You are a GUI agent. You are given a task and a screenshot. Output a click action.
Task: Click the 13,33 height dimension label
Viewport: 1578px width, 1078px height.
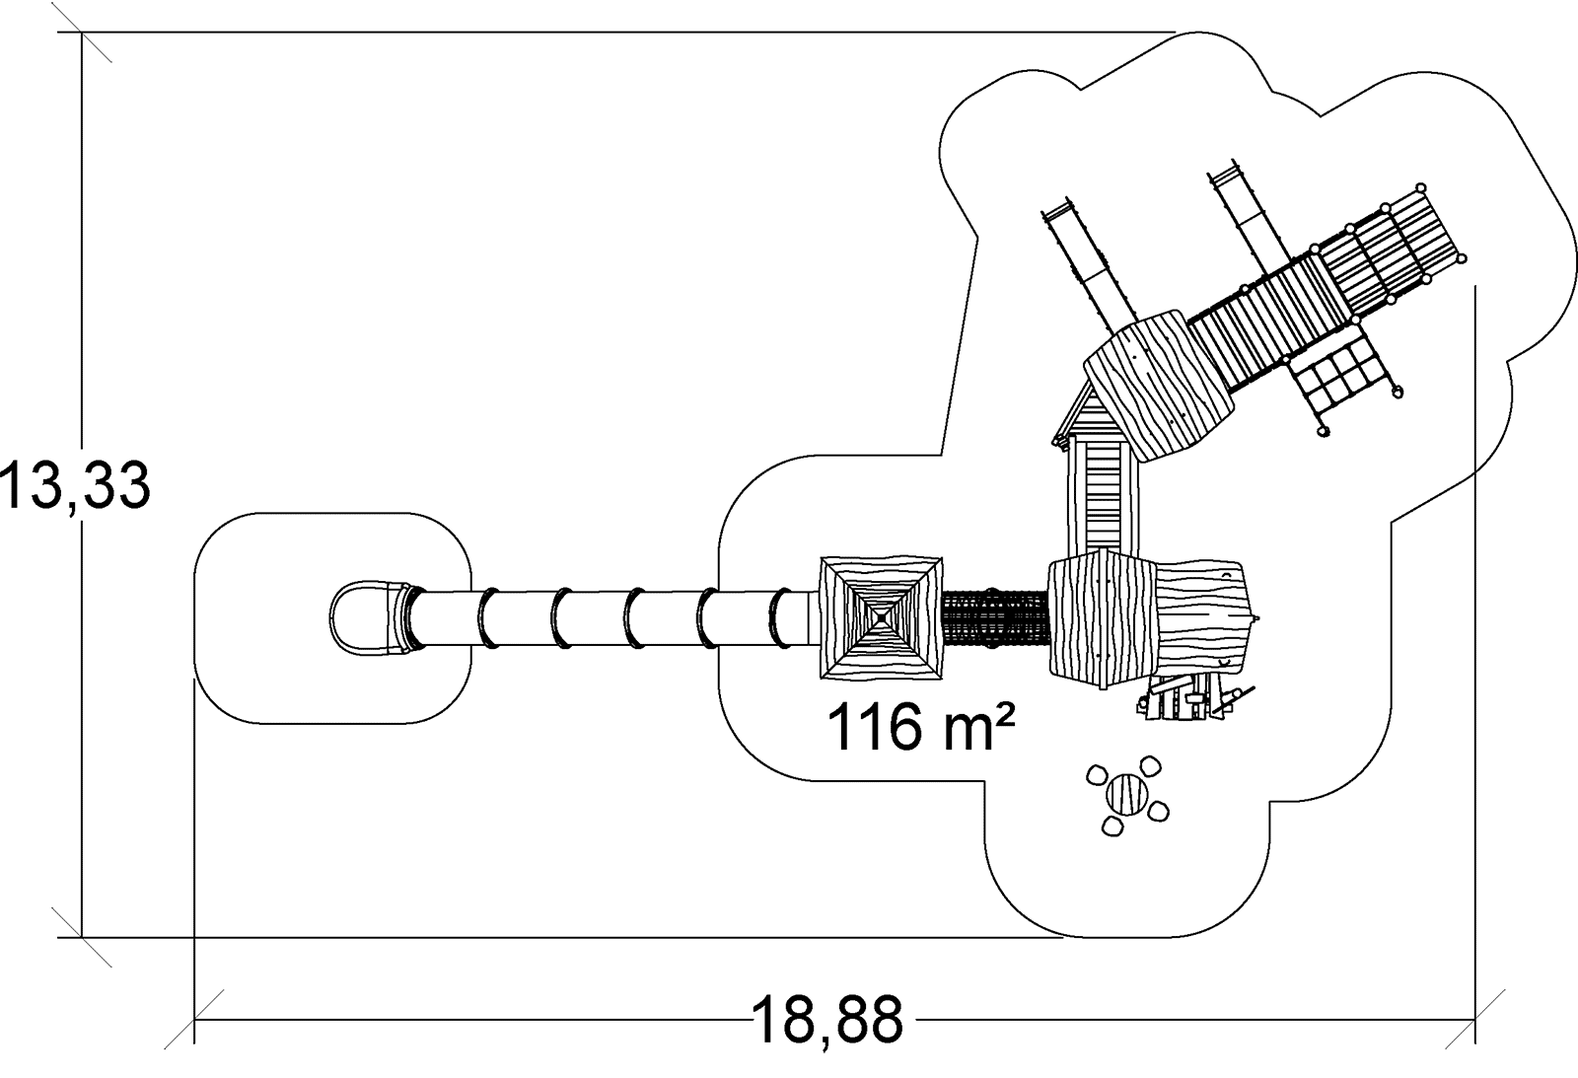coord(74,486)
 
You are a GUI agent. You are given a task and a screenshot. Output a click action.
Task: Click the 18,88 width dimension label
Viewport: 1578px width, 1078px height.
coord(826,1020)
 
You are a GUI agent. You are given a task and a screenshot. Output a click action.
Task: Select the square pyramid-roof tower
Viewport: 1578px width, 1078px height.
coord(882,618)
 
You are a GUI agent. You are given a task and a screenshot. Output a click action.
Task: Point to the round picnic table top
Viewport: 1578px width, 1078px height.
coord(1126,794)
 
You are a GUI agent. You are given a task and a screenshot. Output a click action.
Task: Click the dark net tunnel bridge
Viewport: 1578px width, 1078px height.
coord(994,617)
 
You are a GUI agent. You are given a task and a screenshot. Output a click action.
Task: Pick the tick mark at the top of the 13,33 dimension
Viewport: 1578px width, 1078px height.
coord(83,34)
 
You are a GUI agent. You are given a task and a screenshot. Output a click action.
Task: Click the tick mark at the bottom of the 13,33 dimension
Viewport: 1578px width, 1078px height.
coord(83,937)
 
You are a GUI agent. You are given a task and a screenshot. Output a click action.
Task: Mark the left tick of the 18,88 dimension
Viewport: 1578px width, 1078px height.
coord(194,1019)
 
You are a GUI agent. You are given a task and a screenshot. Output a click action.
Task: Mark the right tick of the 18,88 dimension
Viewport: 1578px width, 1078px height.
coord(1475,1019)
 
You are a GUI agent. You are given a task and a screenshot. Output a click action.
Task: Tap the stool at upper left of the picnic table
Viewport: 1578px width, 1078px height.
coord(1097,775)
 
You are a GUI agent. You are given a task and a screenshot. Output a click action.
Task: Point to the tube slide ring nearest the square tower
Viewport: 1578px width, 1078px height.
coord(781,618)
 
